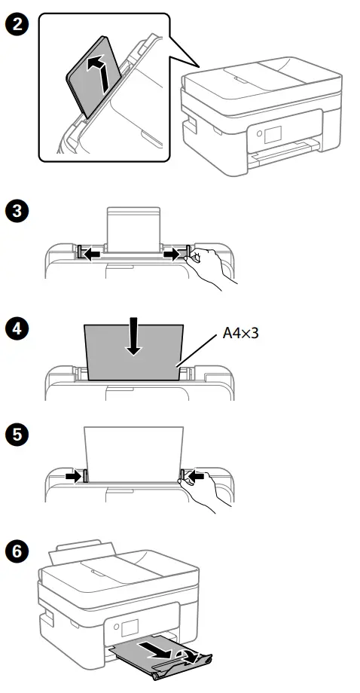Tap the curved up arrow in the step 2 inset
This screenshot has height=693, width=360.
[x=96, y=78]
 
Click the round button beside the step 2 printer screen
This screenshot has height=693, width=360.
[x=259, y=134]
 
